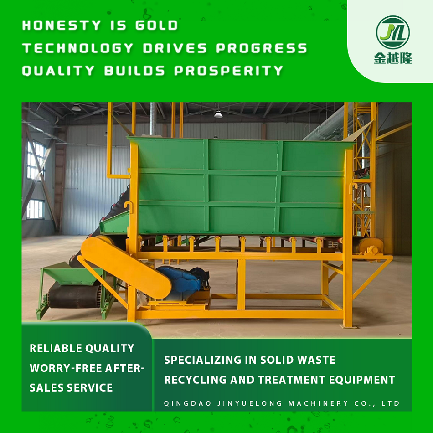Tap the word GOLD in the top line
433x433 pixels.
pyautogui.click(x=157, y=25)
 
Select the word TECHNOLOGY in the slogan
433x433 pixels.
pyautogui.click(x=78, y=48)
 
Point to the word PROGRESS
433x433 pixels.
pyautogui.click(x=262, y=48)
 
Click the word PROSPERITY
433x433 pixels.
pyautogui.click(x=229, y=71)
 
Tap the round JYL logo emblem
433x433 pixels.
pyautogui.click(x=393, y=32)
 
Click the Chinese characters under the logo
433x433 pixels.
pyautogui.click(x=393, y=58)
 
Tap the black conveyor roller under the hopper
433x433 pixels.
pyautogui.click(x=74, y=296)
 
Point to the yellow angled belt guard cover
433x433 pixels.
pyautogui.click(x=126, y=267)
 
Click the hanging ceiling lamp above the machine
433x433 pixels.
pyautogui.click(x=218, y=114)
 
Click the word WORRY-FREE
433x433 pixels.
pyautogui.click(x=66, y=368)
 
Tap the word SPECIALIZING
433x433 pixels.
pyautogui.click(x=203, y=360)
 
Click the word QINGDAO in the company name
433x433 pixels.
pyautogui.click(x=187, y=403)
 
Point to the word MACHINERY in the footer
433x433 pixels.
pyautogui.click(x=318, y=403)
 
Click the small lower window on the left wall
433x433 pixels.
pyautogui.click(x=36, y=209)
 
